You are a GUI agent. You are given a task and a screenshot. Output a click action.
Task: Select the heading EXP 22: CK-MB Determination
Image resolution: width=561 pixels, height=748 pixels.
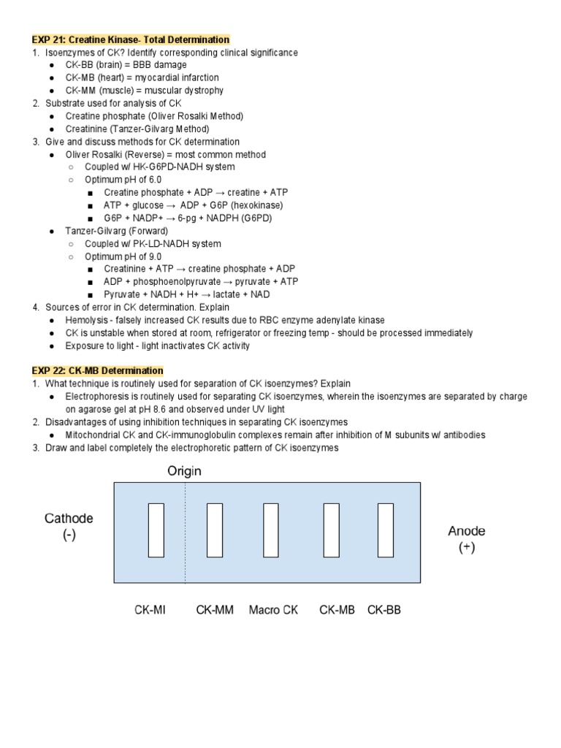pos(97,371)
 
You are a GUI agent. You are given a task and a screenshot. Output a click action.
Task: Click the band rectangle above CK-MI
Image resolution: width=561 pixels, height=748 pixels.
pos(155,530)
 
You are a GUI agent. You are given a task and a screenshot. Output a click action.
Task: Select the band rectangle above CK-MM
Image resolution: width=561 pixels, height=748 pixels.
pos(215,530)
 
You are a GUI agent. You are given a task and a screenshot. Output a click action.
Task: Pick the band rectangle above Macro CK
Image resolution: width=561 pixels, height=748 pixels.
pos(271,530)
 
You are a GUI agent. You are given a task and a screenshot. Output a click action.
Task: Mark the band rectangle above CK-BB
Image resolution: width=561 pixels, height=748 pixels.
pos(386,530)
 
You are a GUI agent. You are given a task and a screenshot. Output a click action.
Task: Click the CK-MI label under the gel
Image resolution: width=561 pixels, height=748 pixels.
pos(150,610)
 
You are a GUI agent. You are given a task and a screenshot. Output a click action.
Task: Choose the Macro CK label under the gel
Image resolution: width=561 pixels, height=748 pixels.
pos(273,610)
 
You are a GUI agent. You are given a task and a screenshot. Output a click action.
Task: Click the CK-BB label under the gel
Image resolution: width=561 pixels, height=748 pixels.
pos(383,610)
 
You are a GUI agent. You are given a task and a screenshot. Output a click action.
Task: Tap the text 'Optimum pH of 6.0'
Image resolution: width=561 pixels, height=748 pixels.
pos(123,180)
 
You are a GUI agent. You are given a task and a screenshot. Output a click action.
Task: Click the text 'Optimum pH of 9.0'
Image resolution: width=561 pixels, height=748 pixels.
pos(123,256)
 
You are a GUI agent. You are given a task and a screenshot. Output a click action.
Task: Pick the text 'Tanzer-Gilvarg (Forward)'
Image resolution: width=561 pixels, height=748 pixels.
pos(116,231)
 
